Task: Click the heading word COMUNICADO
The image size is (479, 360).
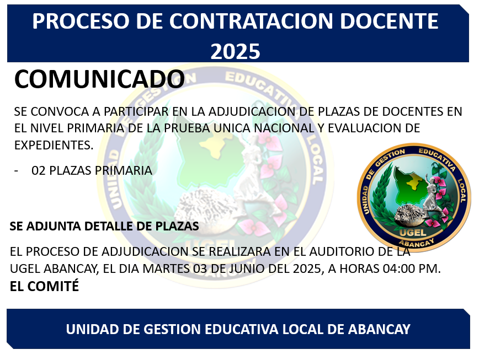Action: pos(99,79)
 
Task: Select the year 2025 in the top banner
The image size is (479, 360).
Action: pos(235,51)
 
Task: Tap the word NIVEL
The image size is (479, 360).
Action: pos(47,128)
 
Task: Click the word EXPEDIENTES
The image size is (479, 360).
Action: pos(54,145)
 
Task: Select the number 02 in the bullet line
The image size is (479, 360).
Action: pos(39,170)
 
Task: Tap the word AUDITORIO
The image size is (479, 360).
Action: pos(342,252)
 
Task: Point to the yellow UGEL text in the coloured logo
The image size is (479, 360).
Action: pos(413,233)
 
